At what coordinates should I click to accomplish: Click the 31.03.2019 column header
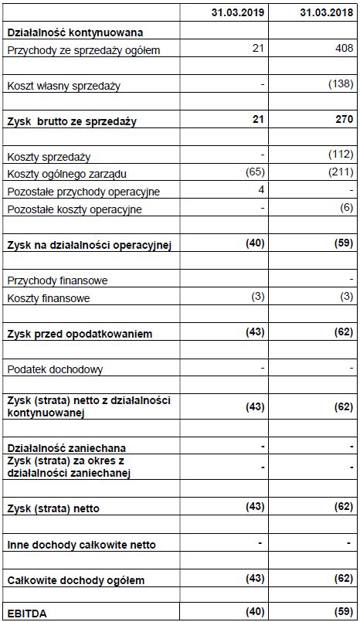(x=238, y=14)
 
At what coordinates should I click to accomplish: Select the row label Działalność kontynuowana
(x=75, y=32)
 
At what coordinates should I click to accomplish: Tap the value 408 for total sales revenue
(x=343, y=49)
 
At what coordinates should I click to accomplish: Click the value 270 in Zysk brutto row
(x=344, y=119)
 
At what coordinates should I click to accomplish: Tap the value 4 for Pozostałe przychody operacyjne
(x=262, y=190)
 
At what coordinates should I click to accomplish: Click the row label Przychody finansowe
(x=57, y=280)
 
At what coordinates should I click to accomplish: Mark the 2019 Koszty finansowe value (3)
(x=257, y=297)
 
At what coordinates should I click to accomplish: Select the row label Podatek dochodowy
(x=55, y=369)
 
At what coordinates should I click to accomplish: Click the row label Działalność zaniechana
(x=66, y=448)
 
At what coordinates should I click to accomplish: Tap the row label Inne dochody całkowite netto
(x=81, y=545)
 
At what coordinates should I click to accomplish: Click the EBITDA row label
(x=26, y=614)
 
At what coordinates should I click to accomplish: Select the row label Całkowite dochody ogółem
(x=76, y=580)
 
